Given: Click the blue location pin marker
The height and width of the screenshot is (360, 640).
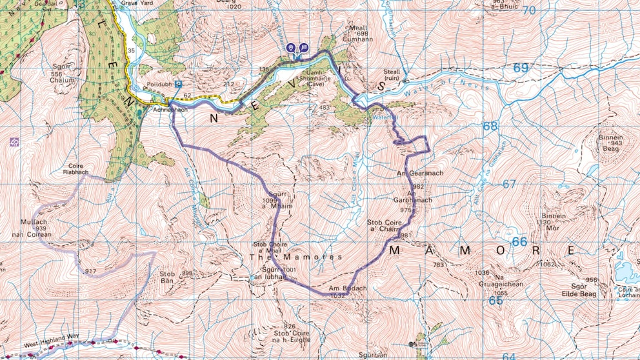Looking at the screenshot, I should (x=291, y=48).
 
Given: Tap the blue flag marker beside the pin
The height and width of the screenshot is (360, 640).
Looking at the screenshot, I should (x=303, y=48).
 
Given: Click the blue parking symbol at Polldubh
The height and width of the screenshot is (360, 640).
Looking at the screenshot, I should (x=178, y=84).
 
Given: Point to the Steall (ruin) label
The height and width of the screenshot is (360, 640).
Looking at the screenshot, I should (x=392, y=76).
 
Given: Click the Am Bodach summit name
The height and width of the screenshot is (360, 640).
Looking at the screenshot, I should (x=343, y=288).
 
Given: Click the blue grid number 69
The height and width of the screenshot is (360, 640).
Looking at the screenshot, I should (x=521, y=68).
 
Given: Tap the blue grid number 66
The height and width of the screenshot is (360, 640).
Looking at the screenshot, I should (x=519, y=242).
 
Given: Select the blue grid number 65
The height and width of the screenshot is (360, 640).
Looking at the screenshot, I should (x=495, y=301).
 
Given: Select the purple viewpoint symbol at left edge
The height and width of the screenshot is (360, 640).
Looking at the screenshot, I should (x=14, y=141).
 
